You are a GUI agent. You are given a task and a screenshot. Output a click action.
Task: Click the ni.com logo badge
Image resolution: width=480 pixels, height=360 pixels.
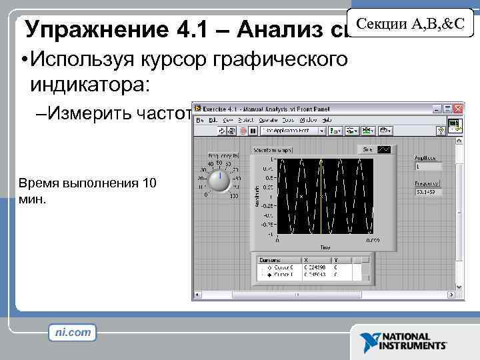73,331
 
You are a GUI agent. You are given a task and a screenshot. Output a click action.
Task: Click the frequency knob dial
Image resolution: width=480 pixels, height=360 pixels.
218,181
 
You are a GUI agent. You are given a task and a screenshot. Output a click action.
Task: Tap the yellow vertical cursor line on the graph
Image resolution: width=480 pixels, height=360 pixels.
321,197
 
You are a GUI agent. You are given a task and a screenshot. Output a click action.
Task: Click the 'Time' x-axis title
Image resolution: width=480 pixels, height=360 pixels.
325,247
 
